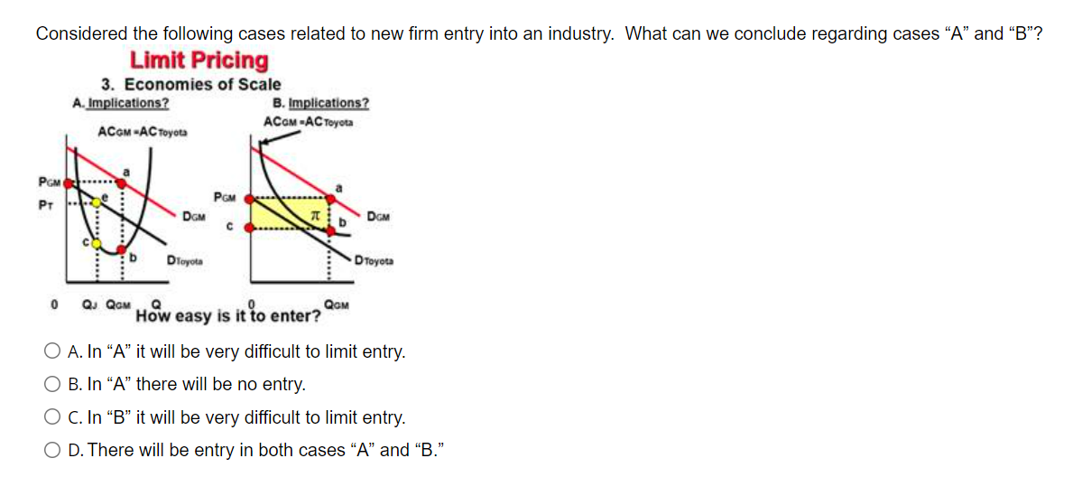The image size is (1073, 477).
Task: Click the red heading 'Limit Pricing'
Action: (x=199, y=61)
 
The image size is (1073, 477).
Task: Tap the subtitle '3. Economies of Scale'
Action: (x=190, y=84)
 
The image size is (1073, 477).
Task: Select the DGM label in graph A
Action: (x=193, y=216)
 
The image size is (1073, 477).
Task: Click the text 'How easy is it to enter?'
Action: (x=228, y=316)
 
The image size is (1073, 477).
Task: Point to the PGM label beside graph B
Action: (x=225, y=196)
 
